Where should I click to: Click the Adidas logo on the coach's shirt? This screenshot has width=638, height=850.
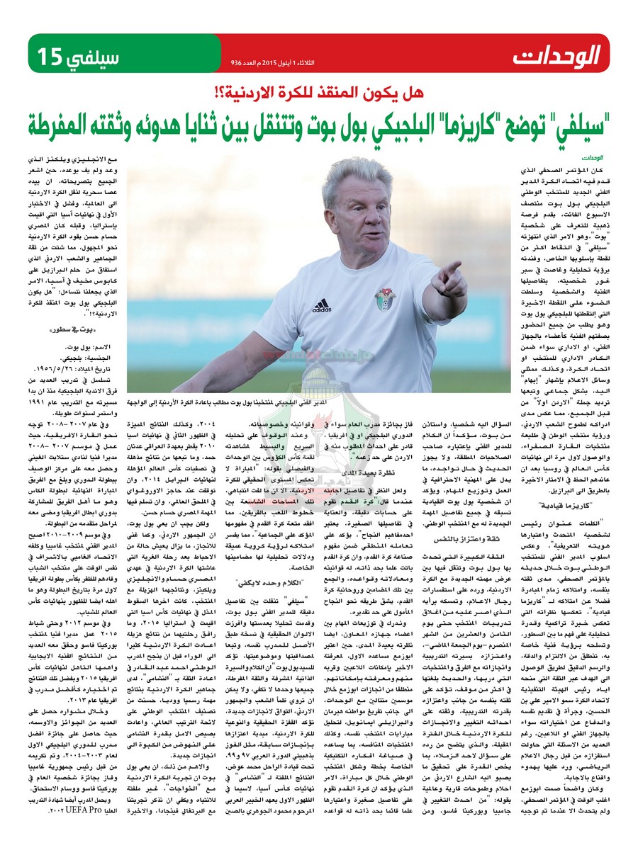[x=321, y=305]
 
